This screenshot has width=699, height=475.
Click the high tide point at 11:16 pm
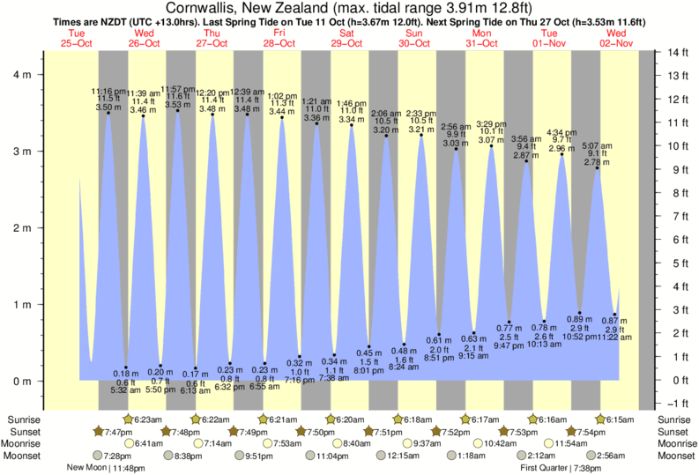(x=108, y=113)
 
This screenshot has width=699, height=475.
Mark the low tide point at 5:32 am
(x=126, y=367)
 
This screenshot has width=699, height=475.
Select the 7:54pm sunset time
(x=592, y=432)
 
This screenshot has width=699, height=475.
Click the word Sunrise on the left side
(x=23, y=419)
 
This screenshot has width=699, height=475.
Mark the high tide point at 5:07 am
(x=597, y=167)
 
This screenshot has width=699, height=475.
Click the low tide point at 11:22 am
(x=615, y=313)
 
